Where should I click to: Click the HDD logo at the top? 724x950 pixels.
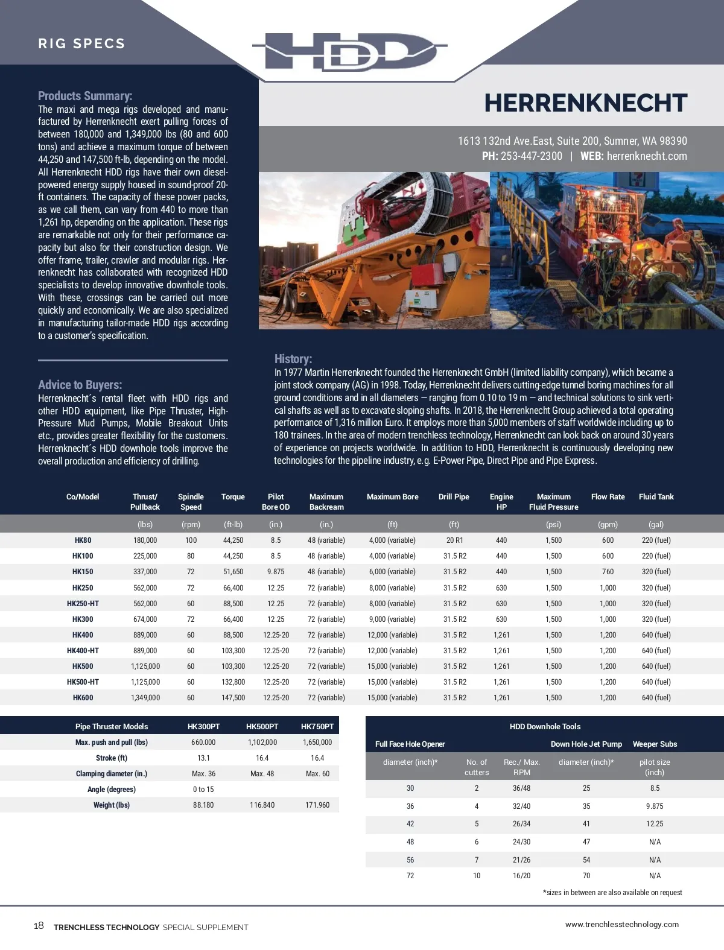tap(350, 51)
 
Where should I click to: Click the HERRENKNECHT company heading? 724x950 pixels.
tap(585, 103)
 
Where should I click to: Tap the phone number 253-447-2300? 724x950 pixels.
tap(531, 156)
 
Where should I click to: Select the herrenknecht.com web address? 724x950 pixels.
tap(647, 156)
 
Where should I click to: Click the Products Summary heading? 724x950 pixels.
tap(85, 96)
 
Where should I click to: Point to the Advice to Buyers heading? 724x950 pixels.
tap(80, 385)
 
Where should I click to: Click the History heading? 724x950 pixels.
tap(293, 359)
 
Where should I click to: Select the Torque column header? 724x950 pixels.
tap(233, 497)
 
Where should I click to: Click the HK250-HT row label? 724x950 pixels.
tap(83, 604)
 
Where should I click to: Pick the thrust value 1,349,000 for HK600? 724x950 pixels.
tap(145, 698)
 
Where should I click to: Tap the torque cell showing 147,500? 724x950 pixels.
tap(233, 698)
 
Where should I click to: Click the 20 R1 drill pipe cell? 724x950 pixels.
tap(454, 540)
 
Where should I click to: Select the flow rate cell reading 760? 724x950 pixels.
tap(608, 572)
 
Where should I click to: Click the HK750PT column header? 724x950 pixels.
tap(317, 727)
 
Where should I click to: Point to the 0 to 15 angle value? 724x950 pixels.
tap(203, 790)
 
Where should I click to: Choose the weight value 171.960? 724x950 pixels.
tap(317, 805)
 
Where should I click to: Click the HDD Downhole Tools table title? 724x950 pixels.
tap(545, 727)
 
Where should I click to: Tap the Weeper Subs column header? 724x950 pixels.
tap(655, 744)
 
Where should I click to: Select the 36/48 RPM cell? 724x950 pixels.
tap(521, 788)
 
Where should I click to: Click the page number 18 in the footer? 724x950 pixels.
tap(39, 926)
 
